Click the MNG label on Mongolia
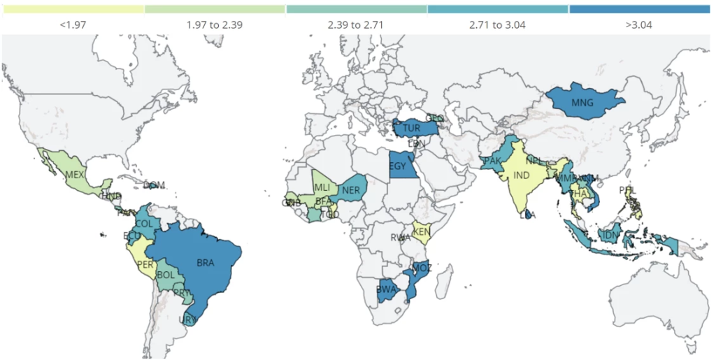coord(582,103)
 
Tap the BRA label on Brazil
coord(206,263)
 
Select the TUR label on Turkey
coord(411,129)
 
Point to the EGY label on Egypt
coord(397,166)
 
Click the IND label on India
coord(521,175)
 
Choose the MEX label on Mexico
coord(74,174)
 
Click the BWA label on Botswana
coord(386,289)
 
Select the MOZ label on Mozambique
coord(422,268)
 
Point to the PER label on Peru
coord(145,264)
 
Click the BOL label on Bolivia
coord(166,275)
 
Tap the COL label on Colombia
coord(144,223)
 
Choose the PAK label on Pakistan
coord(492,161)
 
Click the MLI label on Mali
coord(322,187)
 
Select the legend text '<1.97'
coord(73,25)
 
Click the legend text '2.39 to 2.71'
coord(356,25)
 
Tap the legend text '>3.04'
coord(639,25)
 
